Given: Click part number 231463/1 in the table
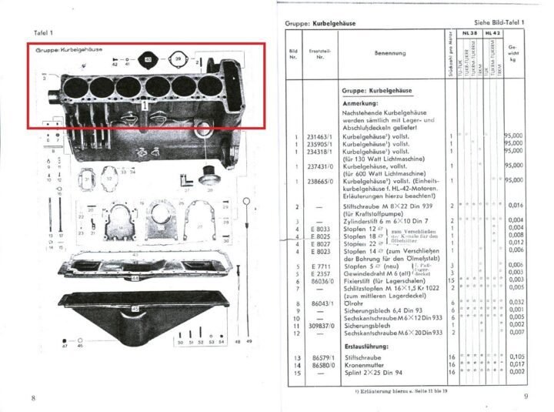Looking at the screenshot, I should point(315,137).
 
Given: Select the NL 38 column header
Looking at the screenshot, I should point(471,35).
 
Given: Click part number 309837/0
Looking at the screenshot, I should point(315,324).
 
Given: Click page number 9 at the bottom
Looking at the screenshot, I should point(524,397).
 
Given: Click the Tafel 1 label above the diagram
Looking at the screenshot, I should point(45,33).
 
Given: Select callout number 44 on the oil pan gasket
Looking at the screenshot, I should point(135,277).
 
